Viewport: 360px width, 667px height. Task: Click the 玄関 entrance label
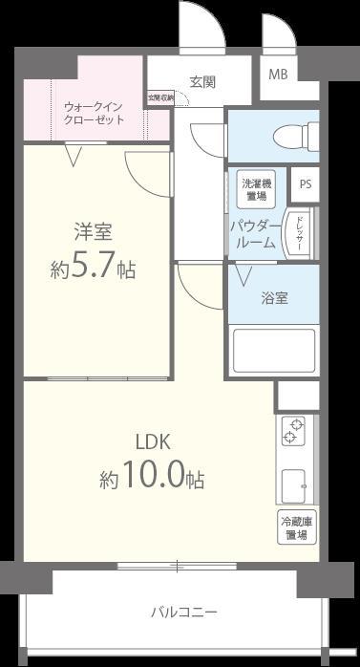tap(201, 82)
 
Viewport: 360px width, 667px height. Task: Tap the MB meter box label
tap(278, 75)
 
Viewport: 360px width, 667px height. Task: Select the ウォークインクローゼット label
tap(93, 113)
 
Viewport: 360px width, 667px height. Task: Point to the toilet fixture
tap(292, 137)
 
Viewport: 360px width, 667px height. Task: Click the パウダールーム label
tap(253, 234)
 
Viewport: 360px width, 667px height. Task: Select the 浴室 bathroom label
tap(275, 297)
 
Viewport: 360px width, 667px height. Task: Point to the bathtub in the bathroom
tap(275, 350)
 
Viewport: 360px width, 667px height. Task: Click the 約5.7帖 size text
tap(93, 269)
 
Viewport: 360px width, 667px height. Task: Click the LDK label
tap(152, 442)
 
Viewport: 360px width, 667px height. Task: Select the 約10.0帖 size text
tap(152, 479)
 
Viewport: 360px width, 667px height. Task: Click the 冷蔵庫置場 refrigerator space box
tap(296, 528)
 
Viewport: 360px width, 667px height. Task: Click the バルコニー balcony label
tap(184, 612)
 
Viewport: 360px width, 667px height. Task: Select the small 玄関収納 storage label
tap(159, 97)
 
